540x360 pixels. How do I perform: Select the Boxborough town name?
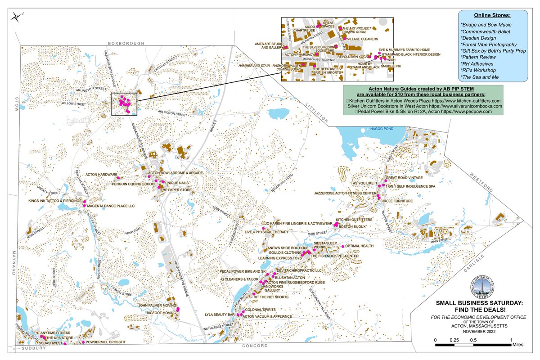[126, 43]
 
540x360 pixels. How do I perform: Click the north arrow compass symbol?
[17, 17]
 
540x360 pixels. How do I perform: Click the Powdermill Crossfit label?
[106, 342]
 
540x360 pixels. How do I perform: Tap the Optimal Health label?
[360, 246]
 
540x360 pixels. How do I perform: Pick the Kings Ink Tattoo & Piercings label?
[55, 201]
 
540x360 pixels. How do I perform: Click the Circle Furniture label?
[396, 201]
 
